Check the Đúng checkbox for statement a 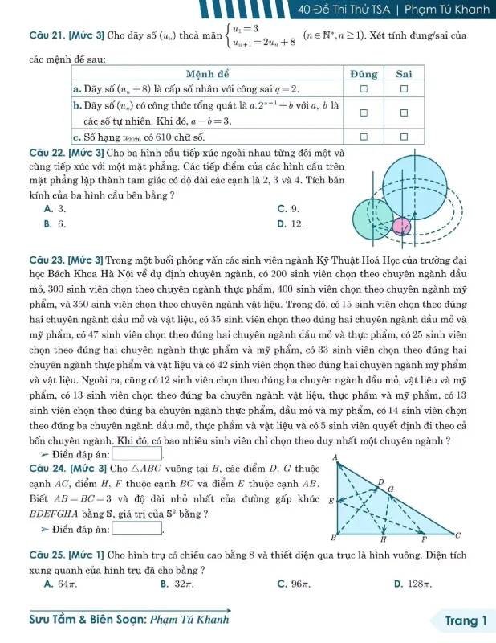pyautogui.click(x=363, y=87)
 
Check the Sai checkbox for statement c pyautogui.click(x=405, y=137)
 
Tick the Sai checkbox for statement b pyautogui.click(x=405, y=113)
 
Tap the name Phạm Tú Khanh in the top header pyautogui.click(x=446, y=10)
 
